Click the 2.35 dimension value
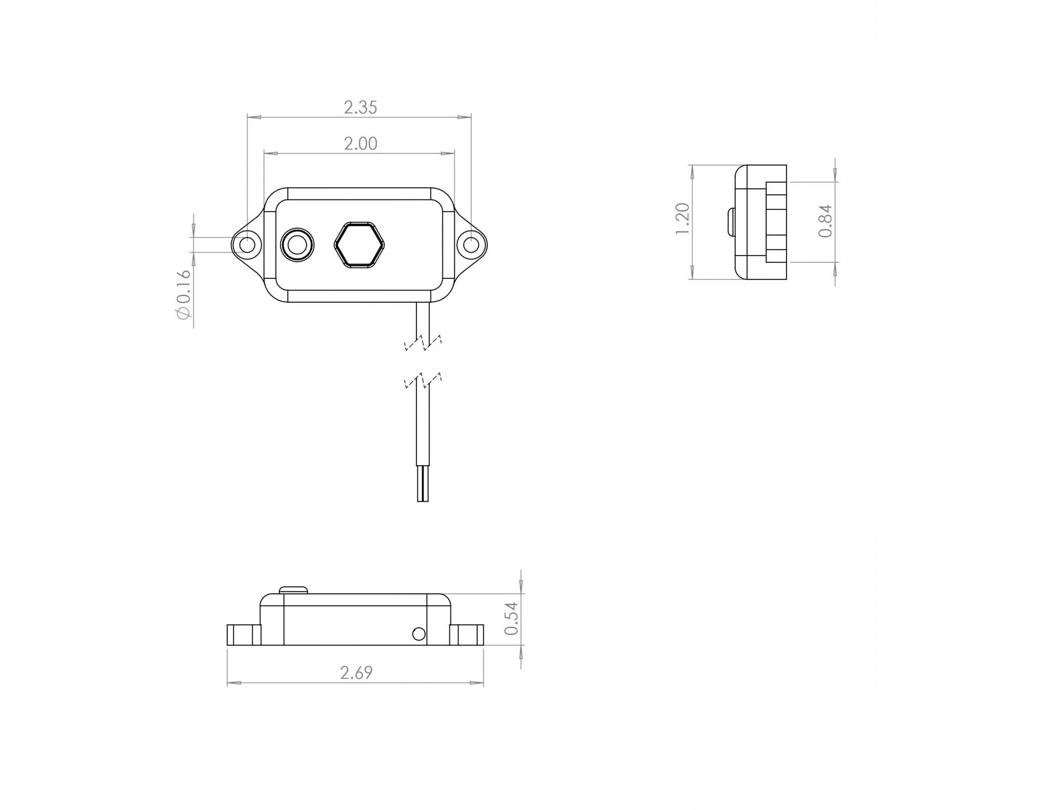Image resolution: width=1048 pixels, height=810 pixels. pyautogui.click(x=360, y=107)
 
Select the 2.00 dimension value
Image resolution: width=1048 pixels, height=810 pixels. pyautogui.click(x=360, y=144)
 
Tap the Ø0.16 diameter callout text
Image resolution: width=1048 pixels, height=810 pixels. pyautogui.click(x=184, y=294)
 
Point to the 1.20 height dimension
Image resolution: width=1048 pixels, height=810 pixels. pyautogui.click(x=683, y=218)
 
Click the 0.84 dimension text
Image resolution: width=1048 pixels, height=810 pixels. pyautogui.click(x=825, y=221)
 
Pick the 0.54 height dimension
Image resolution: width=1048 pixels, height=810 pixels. pyautogui.click(x=512, y=618)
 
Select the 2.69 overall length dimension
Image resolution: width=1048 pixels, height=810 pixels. pyautogui.click(x=356, y=673)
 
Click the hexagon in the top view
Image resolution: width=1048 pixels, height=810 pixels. pyautogui.click(x=359, y=244)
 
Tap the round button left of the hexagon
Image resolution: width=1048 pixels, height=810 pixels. pyautogui.click(x=297, y=245)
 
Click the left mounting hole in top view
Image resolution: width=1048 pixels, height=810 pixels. pyautogui.click(x=247, y=245)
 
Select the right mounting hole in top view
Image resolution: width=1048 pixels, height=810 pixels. pyautogui.click(x=471, y=245)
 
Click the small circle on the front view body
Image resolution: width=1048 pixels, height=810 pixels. pyautogui.click(x=418, y=634)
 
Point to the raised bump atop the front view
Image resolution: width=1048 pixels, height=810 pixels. pyautogui.click(x=293, y=589)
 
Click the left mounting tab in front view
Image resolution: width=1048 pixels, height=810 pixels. pyautogui.click(x=243, y=635)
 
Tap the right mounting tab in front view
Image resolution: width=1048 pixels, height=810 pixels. pyautogui.click(x=467, y=635)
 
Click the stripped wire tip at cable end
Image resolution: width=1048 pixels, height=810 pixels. pyautogui.click(x=423, y=484)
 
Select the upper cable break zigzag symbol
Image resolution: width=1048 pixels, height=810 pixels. pyautogui.click(x=423, y=343)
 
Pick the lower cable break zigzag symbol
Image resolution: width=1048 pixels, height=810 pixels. pyautogui.click(x=423, y=380)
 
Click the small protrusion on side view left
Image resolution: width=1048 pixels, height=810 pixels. pyautogui.click(x=731, y=222)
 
